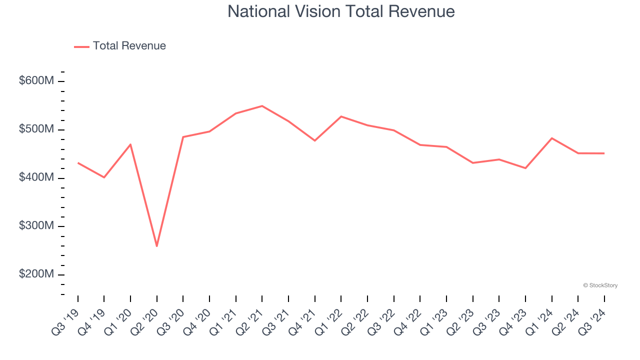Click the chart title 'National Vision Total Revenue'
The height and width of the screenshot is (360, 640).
click(341, 11)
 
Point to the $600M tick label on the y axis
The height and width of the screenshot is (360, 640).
click(36, 81)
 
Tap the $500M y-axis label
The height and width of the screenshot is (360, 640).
click(36, 129)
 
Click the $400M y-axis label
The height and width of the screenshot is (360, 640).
click(36, 178)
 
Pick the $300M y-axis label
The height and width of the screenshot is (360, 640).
click(36, 226)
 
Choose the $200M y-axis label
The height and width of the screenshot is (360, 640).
click(36, 274)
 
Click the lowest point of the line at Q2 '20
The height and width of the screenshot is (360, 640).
click(157, 246)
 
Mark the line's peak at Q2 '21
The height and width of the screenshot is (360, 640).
click(262, 106)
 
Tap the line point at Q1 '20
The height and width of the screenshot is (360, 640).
click(130, 144)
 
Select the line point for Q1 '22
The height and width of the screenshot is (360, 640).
click(341, 116)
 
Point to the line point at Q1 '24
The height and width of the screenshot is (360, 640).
click(551, 138)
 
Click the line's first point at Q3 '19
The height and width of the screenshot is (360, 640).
click(78, 163)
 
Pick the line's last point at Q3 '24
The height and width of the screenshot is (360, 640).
click(604, 153)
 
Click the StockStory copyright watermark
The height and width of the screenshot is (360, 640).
click(600, 285)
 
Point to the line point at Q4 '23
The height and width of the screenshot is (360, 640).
click(525, 168)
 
